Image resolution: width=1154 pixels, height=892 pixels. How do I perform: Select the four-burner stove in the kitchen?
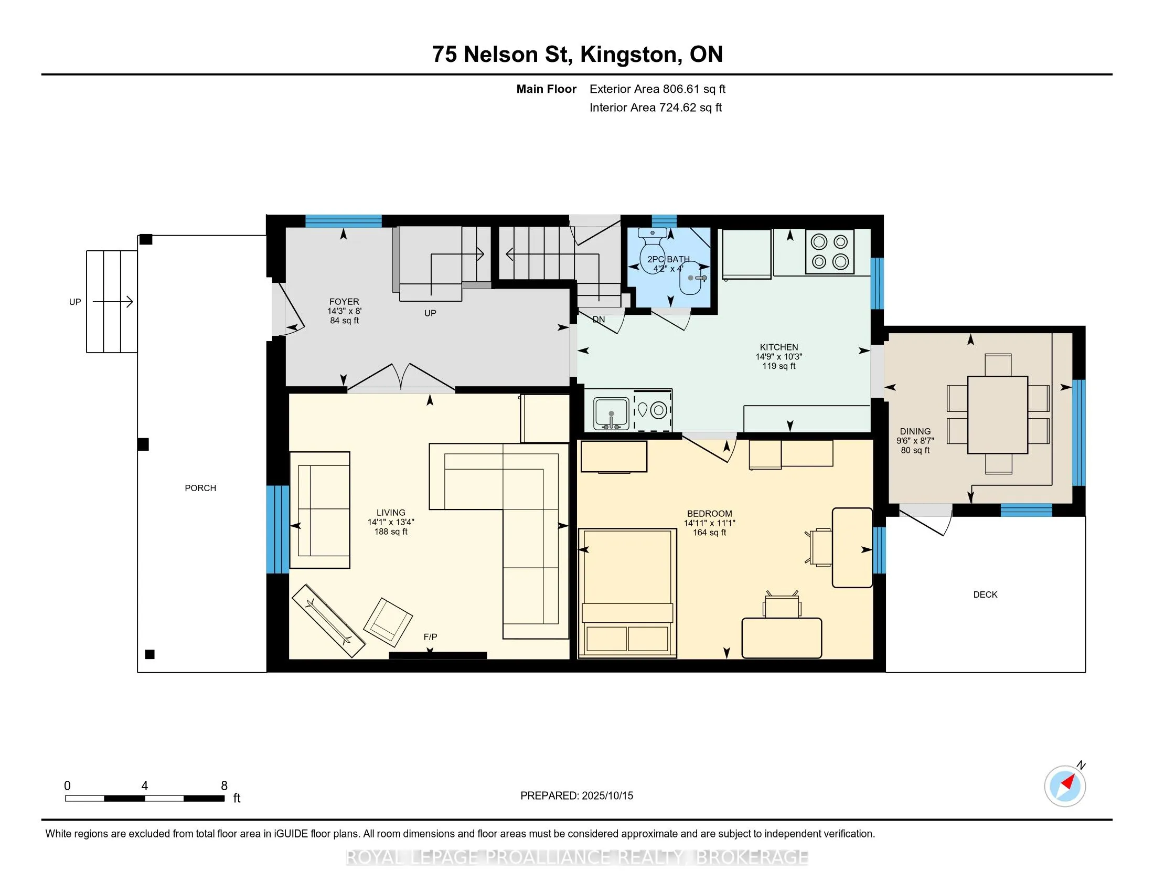coord(830,251)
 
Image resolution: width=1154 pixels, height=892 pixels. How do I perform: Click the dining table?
coord(998,415)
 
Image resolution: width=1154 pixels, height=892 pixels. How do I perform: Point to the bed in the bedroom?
coord(628,593)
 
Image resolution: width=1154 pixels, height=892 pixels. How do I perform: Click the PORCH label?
coord(200,488)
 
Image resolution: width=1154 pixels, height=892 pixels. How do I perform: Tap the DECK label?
coord(986,594)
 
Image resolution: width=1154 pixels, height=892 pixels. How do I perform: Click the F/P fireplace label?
coord(430,637)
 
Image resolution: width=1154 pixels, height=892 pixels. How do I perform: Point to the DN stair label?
coord(599,319)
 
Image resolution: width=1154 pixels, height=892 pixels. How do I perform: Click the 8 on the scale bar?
coord(224,785)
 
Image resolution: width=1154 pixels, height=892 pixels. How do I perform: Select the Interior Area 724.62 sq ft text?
coord(656,107)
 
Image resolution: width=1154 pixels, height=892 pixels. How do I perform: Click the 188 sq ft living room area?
coord(391,532)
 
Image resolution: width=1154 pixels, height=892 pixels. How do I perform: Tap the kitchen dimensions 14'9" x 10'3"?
coord(779,357)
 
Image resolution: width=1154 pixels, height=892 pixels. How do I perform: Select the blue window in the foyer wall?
coord(344,221)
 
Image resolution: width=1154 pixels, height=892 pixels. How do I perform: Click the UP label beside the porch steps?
coord(75,302)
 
